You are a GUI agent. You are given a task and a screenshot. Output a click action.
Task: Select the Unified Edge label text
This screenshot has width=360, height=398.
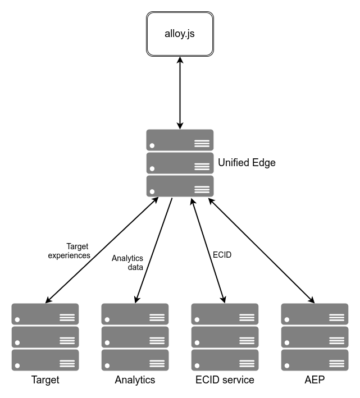tap(247, 163)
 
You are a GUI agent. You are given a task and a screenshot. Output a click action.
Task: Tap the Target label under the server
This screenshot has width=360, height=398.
tap(45, 380)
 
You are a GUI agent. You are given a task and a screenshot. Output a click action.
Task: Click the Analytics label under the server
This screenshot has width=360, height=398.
tap(135, 380)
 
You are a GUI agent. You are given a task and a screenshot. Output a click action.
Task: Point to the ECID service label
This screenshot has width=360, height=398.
tap(225, 380)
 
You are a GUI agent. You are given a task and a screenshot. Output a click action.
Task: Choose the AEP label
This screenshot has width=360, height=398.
tap(315, 380)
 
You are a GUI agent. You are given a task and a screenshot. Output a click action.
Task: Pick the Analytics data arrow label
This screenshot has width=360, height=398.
tap(127, 263)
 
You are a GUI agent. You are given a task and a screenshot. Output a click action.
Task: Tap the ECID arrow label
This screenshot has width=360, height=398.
tap(222, 254)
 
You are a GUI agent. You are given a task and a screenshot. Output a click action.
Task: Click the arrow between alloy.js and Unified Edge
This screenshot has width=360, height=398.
tap(180, 93)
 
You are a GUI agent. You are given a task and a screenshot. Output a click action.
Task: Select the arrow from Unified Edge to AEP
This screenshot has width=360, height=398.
tap(261, 250)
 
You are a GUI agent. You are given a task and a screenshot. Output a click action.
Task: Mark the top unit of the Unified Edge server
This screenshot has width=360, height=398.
tap(180, 140)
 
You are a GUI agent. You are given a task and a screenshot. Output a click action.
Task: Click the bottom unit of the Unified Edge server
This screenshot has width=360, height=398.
tap(180, 186)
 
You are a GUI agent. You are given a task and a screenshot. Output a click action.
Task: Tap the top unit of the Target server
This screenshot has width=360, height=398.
tap(45, 314)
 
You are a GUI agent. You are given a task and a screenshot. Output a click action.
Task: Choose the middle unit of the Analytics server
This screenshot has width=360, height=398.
tap(135, 337)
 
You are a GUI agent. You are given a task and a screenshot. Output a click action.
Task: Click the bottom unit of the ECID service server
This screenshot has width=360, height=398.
tap(225, 360)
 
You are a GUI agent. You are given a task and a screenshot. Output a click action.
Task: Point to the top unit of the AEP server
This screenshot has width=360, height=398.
tap(315, 314)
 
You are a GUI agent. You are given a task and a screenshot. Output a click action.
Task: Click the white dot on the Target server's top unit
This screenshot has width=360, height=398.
tap(17, 319)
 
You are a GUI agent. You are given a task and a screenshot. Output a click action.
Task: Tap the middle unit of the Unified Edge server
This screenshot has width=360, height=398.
tap(180, 163)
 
